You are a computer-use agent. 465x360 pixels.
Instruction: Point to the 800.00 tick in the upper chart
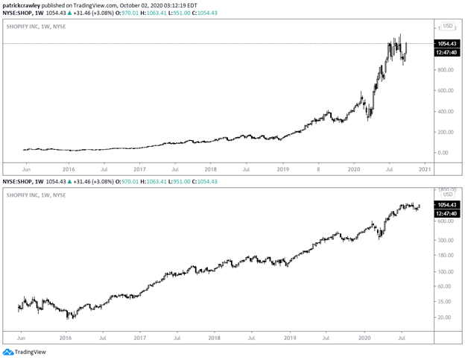coord(445,70)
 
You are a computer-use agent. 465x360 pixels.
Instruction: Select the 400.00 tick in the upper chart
coord(445,112)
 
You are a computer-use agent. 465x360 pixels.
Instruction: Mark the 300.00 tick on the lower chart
coord(445,240)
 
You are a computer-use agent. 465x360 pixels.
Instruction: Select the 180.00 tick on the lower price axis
coord(445,256)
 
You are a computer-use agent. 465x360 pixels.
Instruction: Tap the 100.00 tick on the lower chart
coord(445,271)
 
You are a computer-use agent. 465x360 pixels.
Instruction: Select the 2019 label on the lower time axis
coord(289,338)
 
